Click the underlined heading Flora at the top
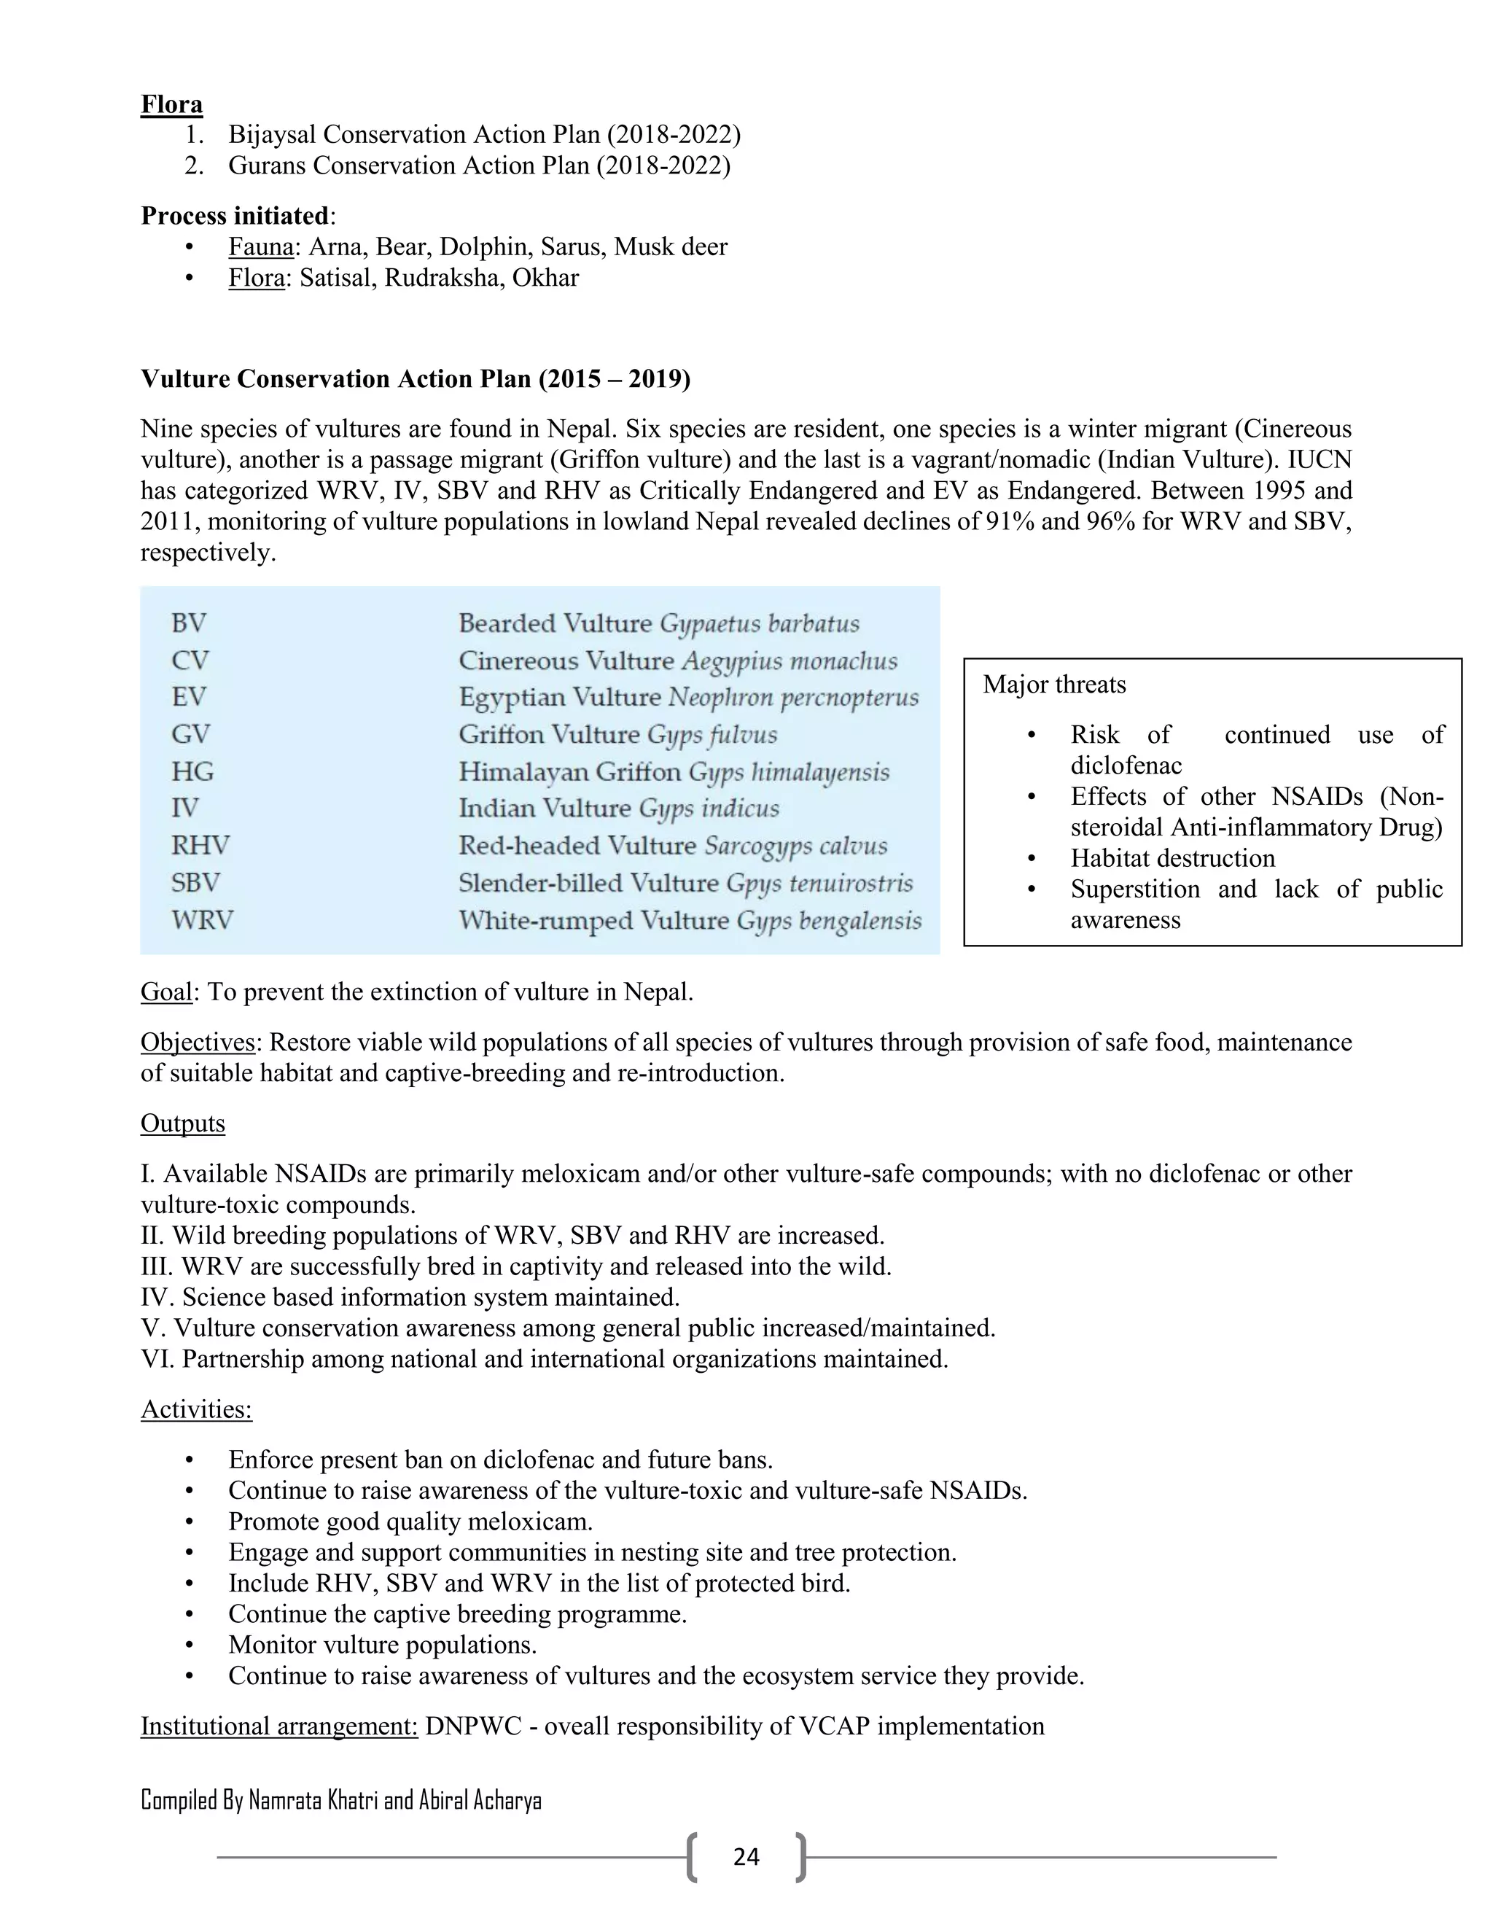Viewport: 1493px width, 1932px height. click(x=171, y=104)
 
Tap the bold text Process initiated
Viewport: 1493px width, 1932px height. click(x=235, y=216)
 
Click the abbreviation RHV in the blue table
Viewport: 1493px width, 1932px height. click(x=200, y=846)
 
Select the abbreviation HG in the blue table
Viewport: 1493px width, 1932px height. click(x=192, y=771)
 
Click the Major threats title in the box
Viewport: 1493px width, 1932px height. click(x=1054, y=685)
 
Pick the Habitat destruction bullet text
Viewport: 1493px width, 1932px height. click(x=1172, y=858)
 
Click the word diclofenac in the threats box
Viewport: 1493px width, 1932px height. click(x=1125, y=766)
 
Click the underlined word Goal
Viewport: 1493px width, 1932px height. click(x=166, y=992)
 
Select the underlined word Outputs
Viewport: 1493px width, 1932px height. click(x=182, y=1123)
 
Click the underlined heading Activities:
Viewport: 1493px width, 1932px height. click(x=196, y=1409)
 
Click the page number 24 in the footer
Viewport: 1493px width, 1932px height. click(x=746, y=1857)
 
